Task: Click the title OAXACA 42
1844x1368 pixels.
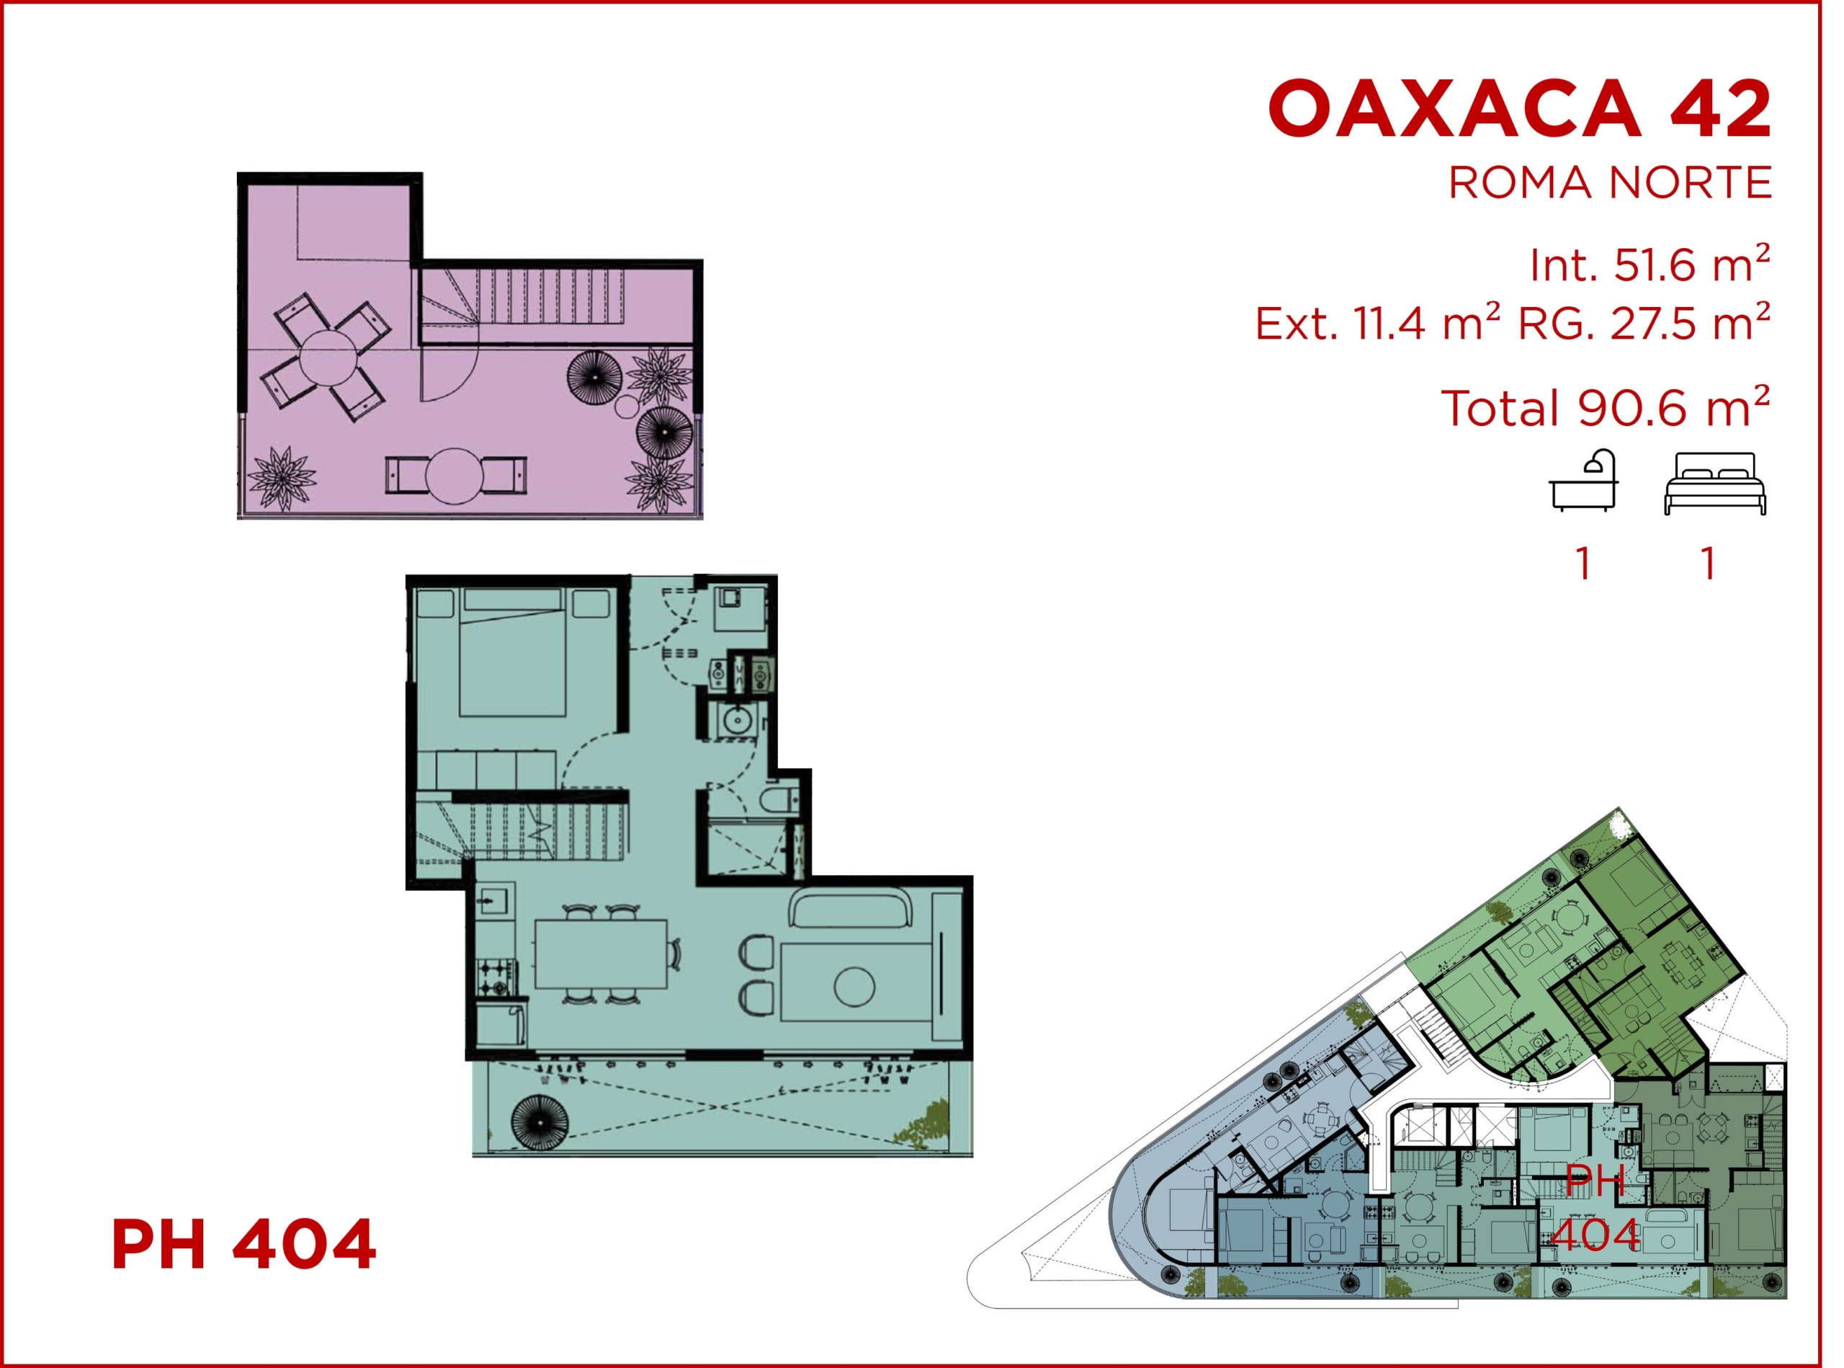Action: click(x=1520, y=109)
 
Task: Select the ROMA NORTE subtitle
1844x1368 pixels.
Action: click(x=1610, y=183)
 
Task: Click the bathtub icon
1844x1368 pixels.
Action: click(x=1583, y=481)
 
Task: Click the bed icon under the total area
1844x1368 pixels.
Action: click(x=1715, y=484)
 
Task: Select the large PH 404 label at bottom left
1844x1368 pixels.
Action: click(x=244, y=1245)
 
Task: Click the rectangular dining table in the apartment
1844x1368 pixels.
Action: click(x=601, y=954)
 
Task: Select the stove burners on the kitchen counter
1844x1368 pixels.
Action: click(x=496, y=977)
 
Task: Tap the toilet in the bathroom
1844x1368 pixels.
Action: click(x=779, y=800)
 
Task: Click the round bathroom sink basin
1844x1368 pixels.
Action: click(x=735, y=721)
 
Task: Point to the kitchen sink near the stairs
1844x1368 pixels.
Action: click(x=495, y=900)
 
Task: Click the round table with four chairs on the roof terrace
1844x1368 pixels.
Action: click(x=326, y=357)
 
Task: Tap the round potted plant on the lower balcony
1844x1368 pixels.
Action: click(x=540, y=1122)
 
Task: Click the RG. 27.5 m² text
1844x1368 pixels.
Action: click(x=1644, y=323)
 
